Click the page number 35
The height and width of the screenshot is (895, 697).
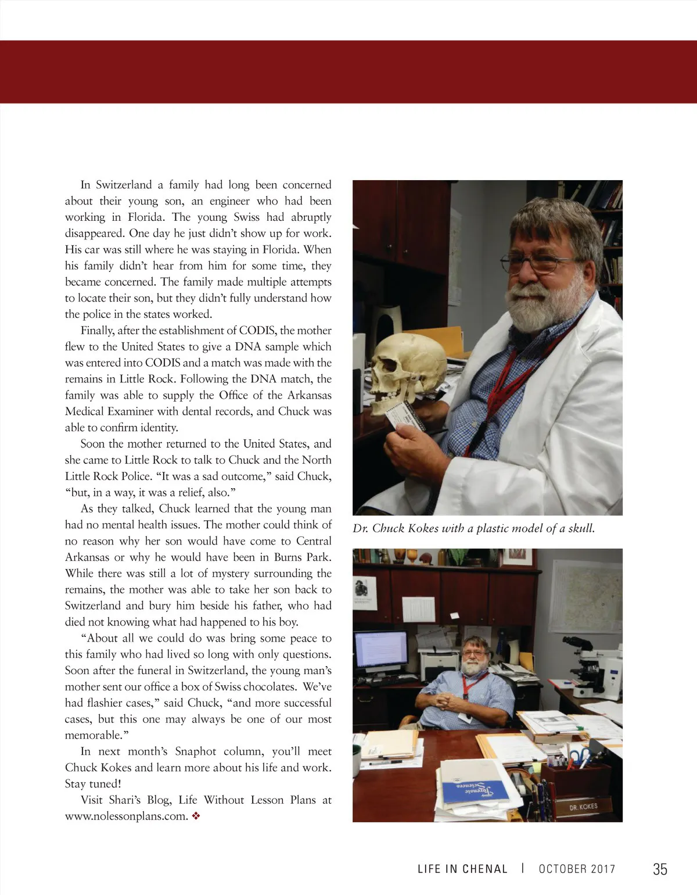point(660,869)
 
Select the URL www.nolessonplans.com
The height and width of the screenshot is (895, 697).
point(126,816)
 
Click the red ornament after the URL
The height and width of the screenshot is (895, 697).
point(196,816)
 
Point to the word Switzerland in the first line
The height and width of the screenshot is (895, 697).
point(124,185)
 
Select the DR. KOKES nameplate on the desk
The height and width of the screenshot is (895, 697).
point(583,807)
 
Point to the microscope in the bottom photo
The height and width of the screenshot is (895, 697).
point(592,668)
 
